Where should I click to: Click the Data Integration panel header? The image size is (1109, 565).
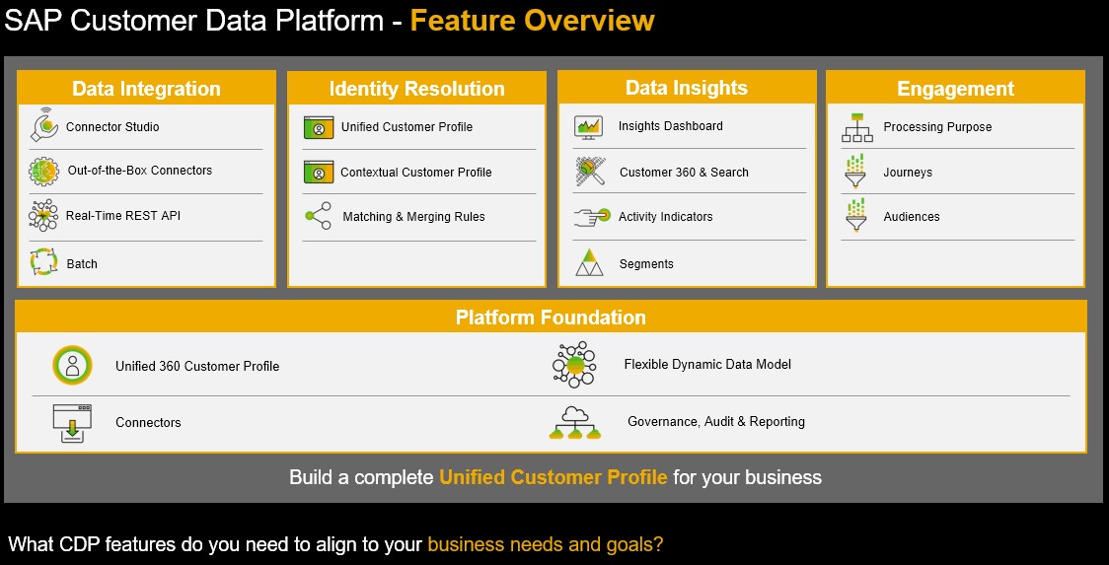coord(146,89)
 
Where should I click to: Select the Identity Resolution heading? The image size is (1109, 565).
coord(416,89)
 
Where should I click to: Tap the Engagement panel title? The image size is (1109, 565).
coord(955,89)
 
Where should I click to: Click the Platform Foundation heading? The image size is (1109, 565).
coord(551,317)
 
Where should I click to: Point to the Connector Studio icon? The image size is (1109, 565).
coord(43,125)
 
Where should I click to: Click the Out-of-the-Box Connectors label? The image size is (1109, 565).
coord(140,171)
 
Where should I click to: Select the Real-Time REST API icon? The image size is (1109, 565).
coord(43,215)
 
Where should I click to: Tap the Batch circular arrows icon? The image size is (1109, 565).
coord(43,262)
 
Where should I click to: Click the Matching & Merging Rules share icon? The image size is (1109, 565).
coord(319,216)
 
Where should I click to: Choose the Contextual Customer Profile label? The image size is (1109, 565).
coord(416,173)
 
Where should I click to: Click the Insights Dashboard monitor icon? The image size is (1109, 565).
coord(588,127)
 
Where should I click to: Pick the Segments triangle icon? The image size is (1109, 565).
coord(589,262)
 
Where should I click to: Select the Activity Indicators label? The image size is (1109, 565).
coord(666,217)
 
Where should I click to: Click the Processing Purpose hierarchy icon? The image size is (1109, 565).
coord(857,127)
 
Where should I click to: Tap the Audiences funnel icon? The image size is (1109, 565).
coord(855,216)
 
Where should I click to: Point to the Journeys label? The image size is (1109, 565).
coord(908,173)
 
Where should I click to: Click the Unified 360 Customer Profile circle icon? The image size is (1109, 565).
coord(72,365)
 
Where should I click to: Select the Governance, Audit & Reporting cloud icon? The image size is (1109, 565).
coord(574,422)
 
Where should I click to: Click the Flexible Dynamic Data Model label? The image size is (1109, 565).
coord(707,364)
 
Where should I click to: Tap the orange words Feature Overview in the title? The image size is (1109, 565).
coord(533,20)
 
